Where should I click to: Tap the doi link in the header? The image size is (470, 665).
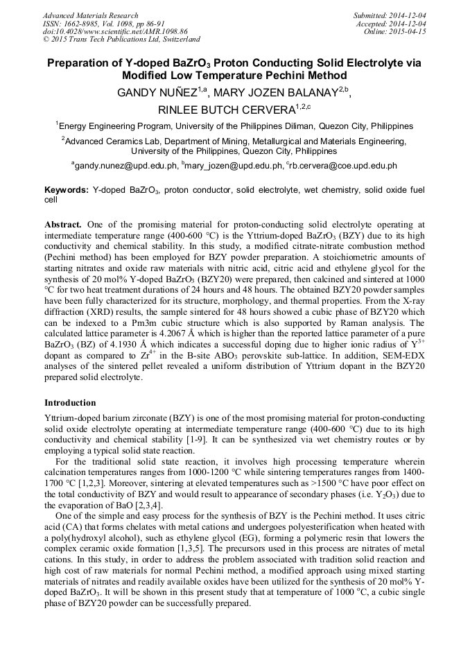[107, 32]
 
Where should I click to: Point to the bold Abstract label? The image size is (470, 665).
[63, 225]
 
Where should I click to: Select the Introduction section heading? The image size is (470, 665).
[70, 403]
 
